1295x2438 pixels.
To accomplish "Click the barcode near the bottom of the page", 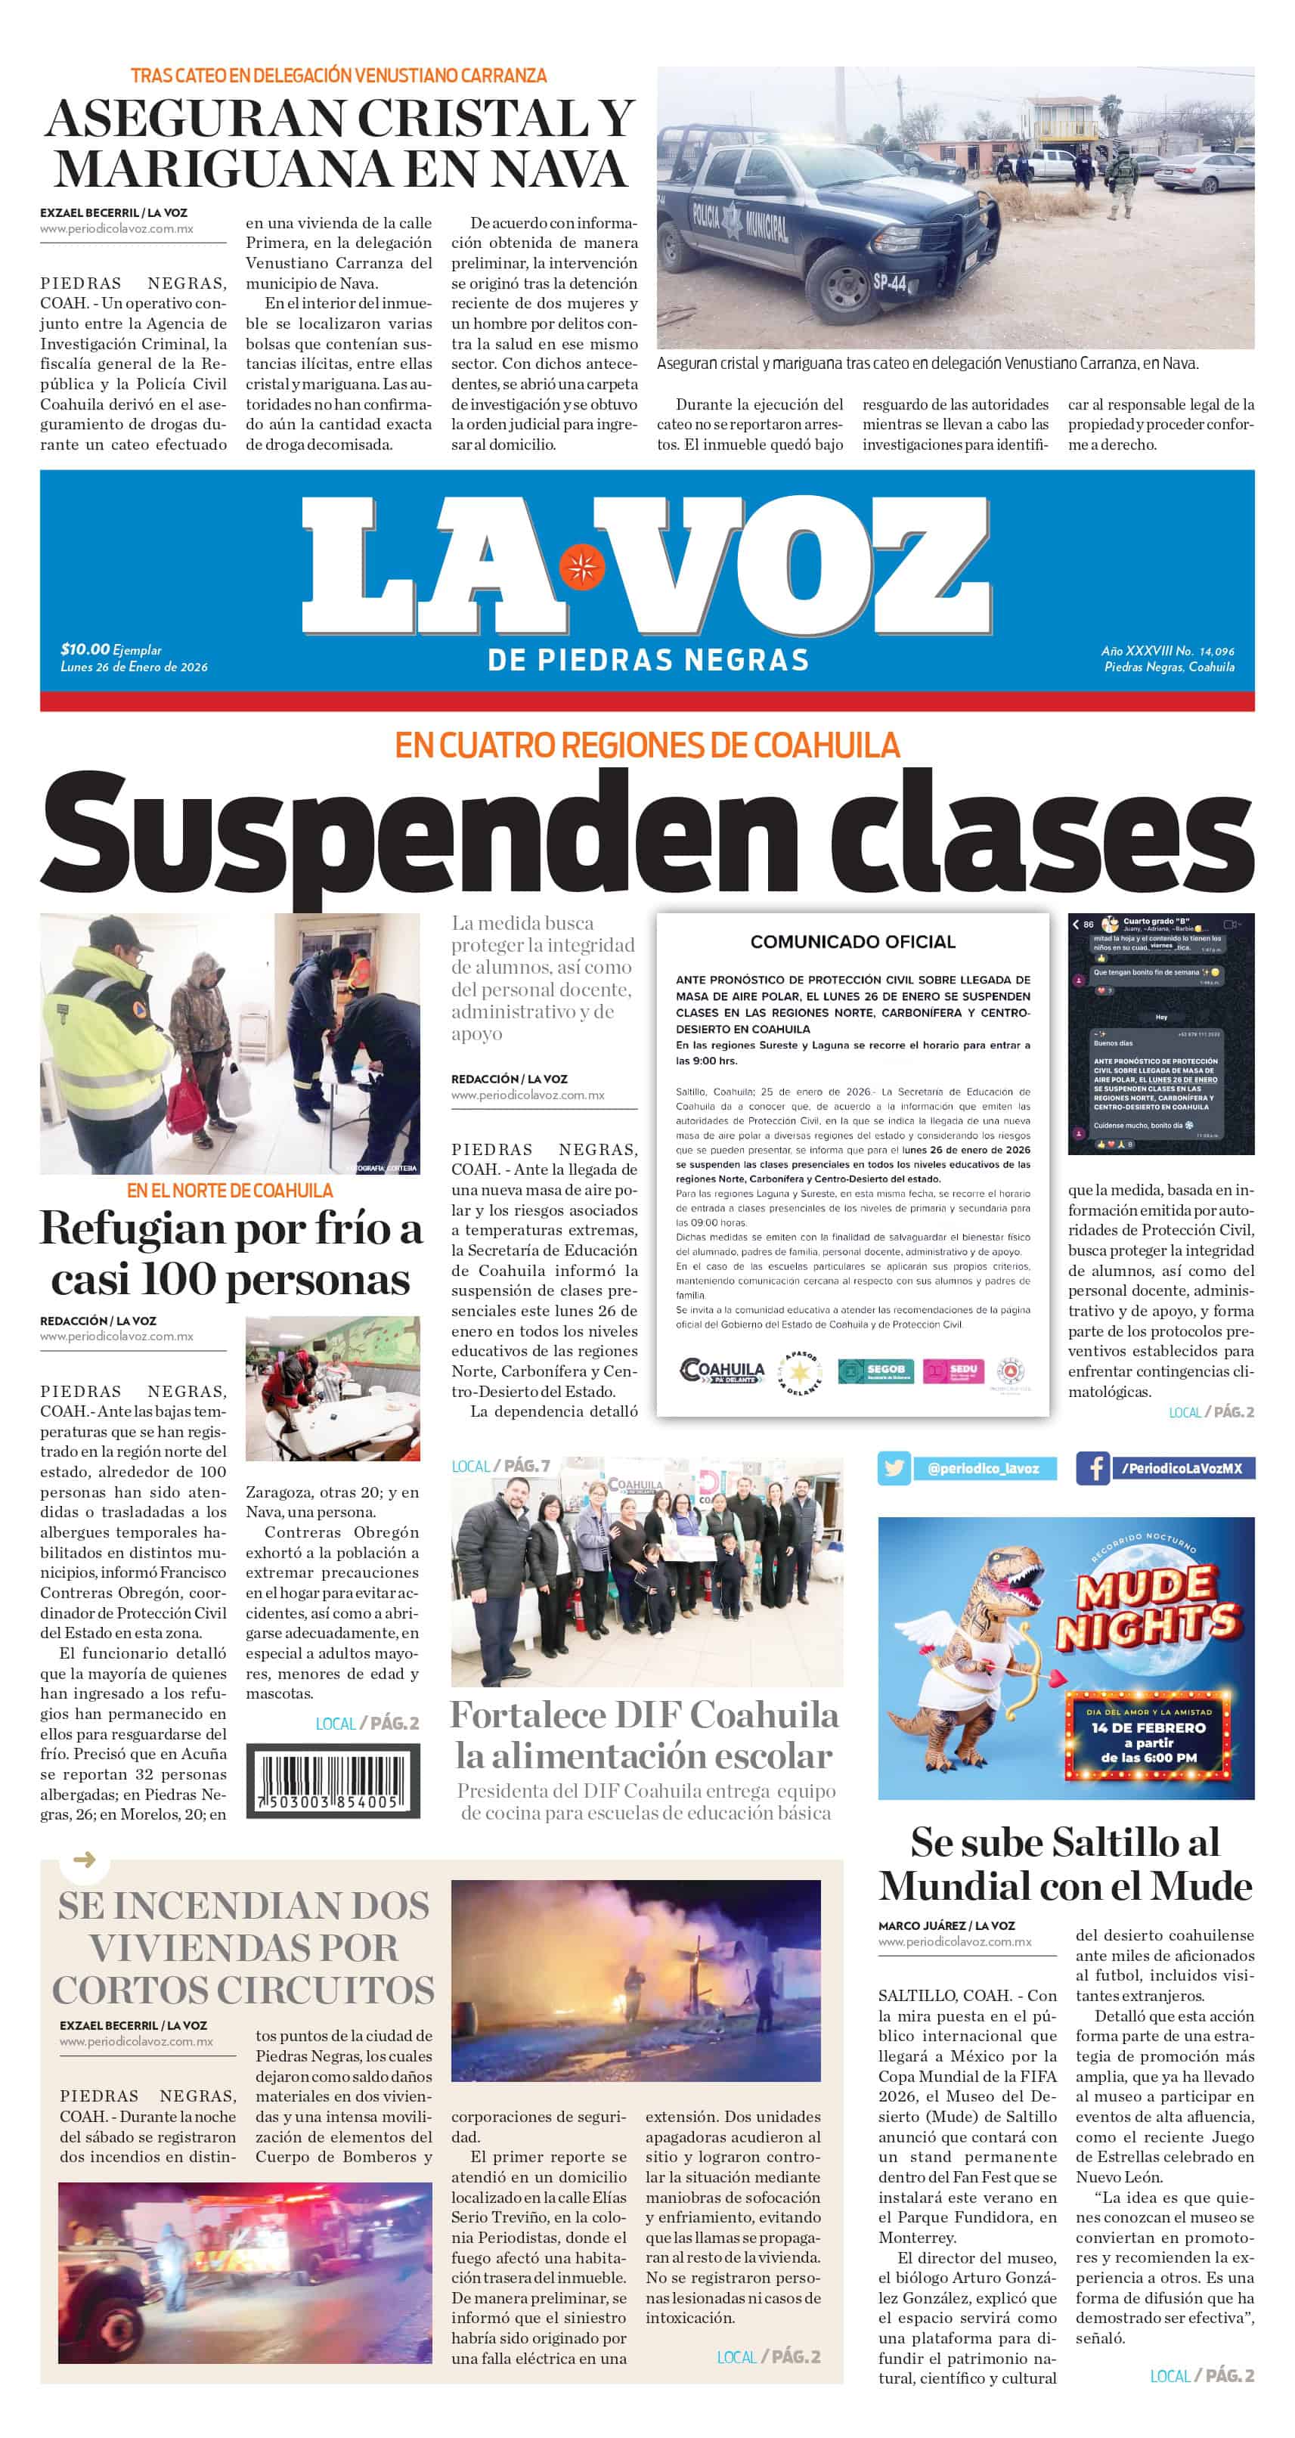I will (333, 1781).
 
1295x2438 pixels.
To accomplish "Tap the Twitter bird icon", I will (894, 1468).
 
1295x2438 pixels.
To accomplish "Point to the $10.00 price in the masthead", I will (85, 649).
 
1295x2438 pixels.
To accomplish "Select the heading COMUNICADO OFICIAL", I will (852, 942).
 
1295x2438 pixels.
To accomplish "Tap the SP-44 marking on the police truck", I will (889, 282).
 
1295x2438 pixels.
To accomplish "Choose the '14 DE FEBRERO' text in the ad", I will (1148, 1727).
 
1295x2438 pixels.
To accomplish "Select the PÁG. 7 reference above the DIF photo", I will (526, 1466).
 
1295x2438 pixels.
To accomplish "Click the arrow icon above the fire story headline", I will (84, 1860).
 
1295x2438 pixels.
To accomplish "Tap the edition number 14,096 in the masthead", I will (1216, 651).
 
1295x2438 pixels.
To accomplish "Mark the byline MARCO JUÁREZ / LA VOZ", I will (946, 1925).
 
